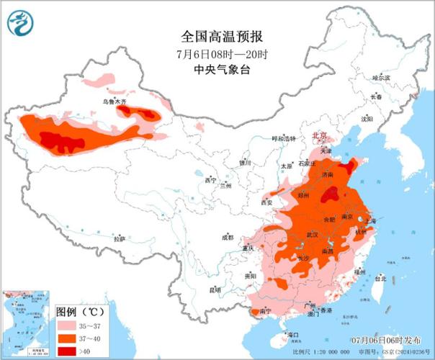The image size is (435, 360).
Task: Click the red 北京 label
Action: [319, 135]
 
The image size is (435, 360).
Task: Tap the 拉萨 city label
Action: [120, 238]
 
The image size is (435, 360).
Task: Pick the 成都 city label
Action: [228, 237]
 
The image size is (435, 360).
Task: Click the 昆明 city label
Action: [214, 289]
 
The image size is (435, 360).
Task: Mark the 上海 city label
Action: [373, 222]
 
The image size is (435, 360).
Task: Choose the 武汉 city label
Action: [312, 235]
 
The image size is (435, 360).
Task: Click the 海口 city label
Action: [292, 335]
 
